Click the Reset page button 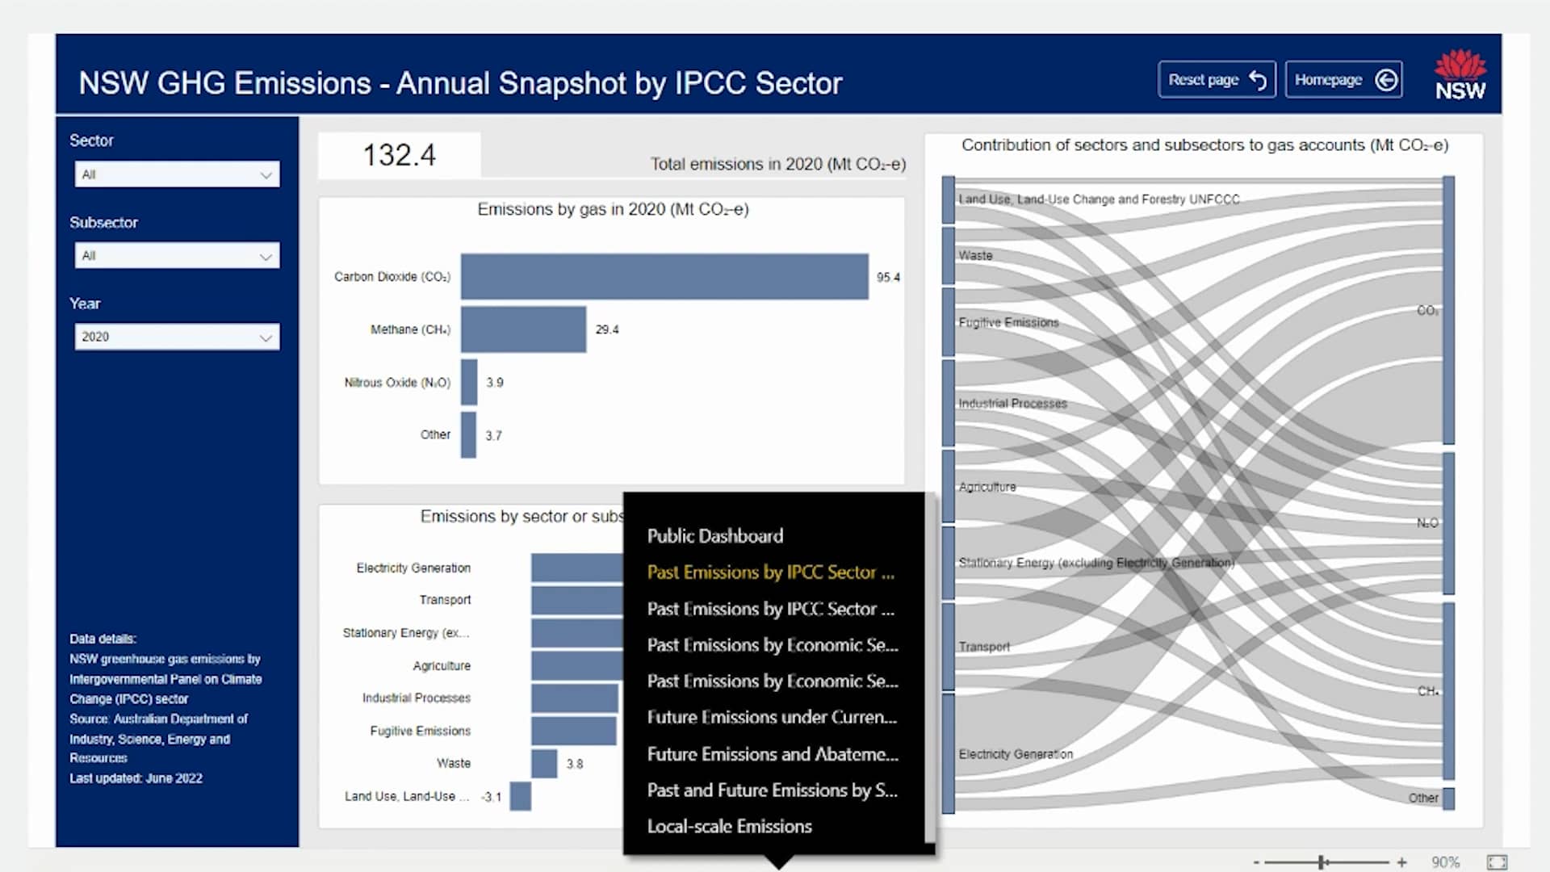click(x=1216, y=80)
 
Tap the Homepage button click(x=1343, y=80)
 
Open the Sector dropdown click(x=177, y=174)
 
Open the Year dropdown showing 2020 click(x=177, y=337)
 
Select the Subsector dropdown click(x=177, y=256)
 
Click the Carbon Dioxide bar click(x=664, y=277)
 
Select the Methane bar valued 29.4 click(x=523, y=329)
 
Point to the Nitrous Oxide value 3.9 click(x=495, y=383)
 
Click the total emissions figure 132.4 click(x=399, y=155)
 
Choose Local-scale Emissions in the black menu click(x=729, y=826)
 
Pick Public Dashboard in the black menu click(x=714, y=536)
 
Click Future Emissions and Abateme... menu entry click(x=772, y=754)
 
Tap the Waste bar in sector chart click(x=544, y=764)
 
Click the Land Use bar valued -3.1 click(x=521, y=796)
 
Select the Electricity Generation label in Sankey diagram click(x=1016, y=754)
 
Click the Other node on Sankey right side click(x=1448, y=799)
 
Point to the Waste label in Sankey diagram click(x=975, y=255)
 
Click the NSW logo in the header click(x=1460, y=75)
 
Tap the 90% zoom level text click(x=1445, y=862)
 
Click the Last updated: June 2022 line click(x=136, y=778)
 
